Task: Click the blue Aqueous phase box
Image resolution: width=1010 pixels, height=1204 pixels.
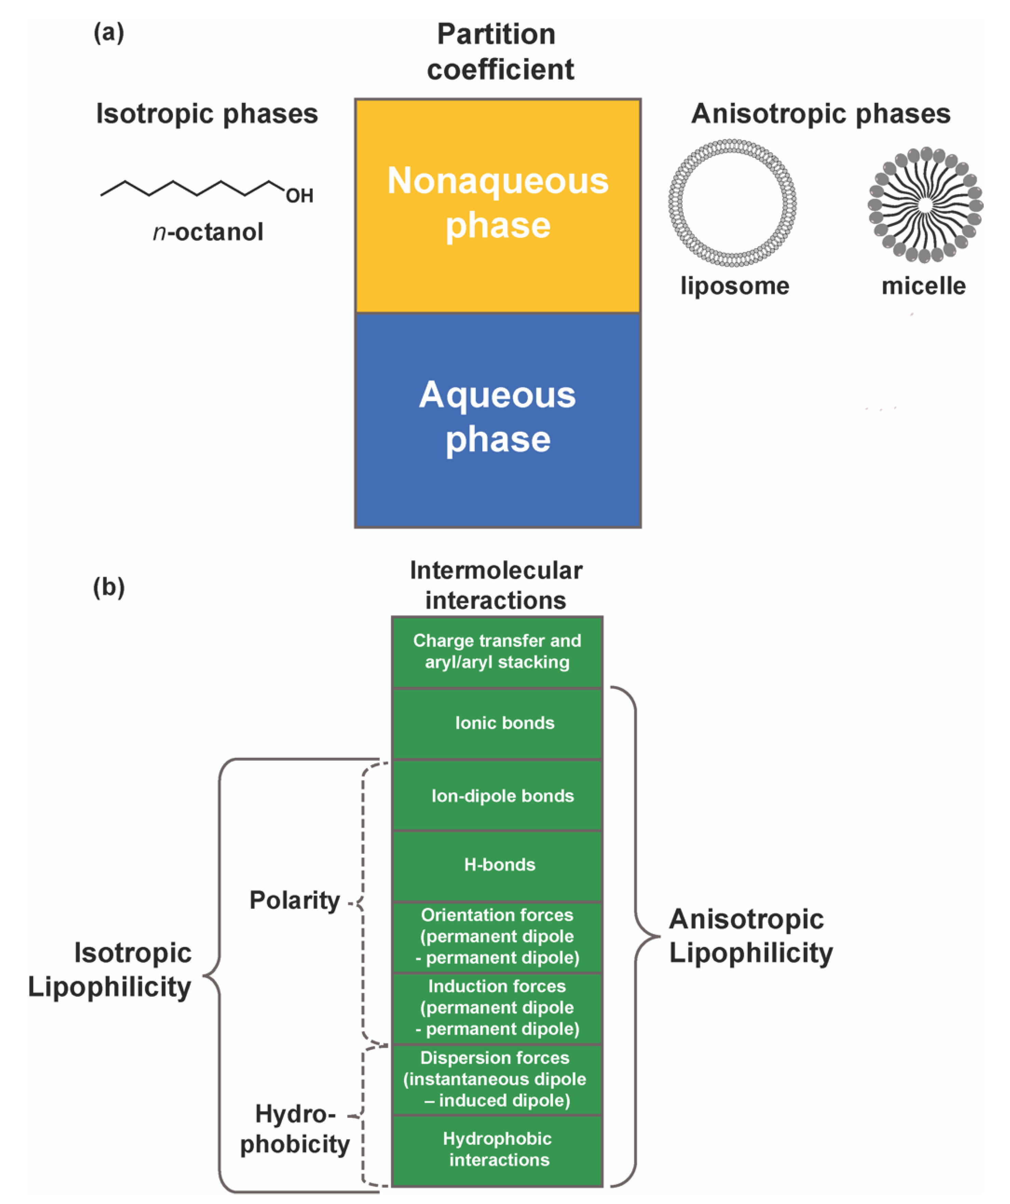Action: [498, 420]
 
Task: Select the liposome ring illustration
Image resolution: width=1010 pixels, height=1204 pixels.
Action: [732, 203]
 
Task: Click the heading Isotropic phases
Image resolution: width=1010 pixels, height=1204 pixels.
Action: [206, 113]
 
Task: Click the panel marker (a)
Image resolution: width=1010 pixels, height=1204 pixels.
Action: [108, 33]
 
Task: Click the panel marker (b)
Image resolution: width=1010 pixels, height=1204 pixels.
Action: [108, 587]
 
